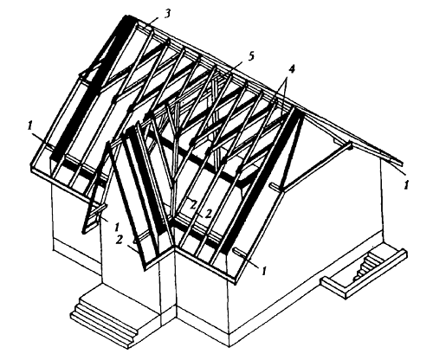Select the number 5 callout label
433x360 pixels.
(251, 55)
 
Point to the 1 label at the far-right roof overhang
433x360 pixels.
(405, 183)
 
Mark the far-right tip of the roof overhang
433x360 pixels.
(404, 164)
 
